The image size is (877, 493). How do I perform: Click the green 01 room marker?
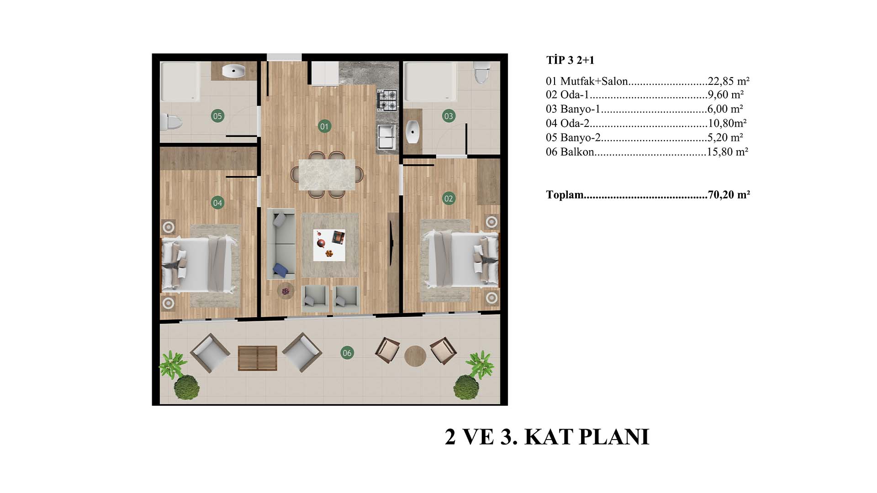(324, 126)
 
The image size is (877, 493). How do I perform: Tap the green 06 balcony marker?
(347, 352)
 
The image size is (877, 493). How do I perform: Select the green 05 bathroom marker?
(217, 116)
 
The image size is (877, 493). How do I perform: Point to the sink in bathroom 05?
(234, 71)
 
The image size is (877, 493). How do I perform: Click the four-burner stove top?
(387, 100)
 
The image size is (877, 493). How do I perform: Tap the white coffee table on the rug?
(329, 245)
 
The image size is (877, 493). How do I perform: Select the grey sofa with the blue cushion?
(281, 244)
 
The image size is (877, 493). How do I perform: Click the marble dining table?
(327, 174)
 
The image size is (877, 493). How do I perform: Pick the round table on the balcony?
(415, 356)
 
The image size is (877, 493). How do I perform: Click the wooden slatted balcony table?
(258, 358)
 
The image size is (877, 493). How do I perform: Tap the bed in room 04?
(200, 264)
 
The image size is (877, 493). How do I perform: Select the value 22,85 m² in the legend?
(729, 81)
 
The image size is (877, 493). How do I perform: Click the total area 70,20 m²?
(729, 195)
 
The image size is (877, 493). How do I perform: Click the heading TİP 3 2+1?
(571, 60)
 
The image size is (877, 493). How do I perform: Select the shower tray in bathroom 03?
(430, 82)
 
